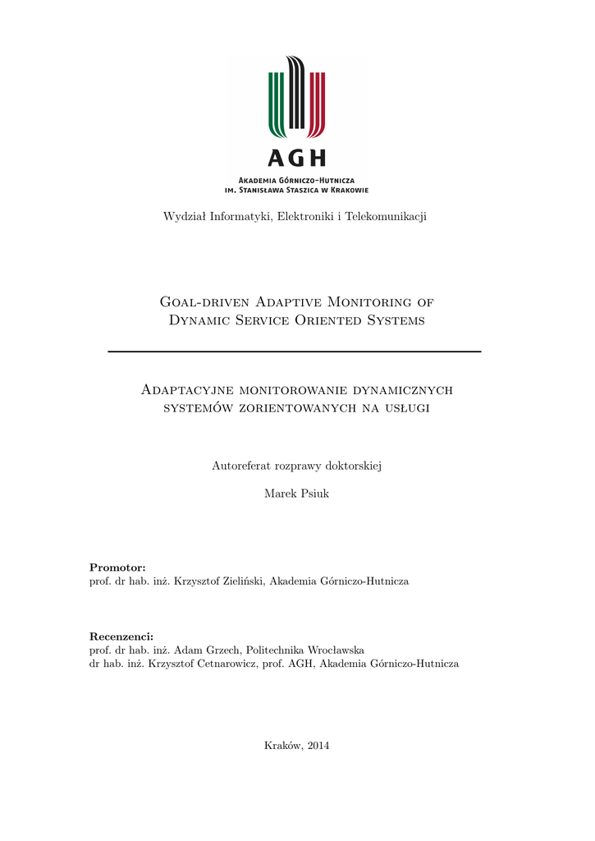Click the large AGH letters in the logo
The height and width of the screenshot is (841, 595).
coord(296,158)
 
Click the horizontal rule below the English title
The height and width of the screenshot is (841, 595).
coord(295,352)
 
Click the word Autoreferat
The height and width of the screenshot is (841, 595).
coord(242,466)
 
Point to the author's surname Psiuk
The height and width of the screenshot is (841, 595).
coord(314,494)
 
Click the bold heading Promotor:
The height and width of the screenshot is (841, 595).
coord(117,568)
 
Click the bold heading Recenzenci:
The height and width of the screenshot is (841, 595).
coord(121,636)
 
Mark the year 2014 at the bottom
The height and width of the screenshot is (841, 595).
coord(316,745)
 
